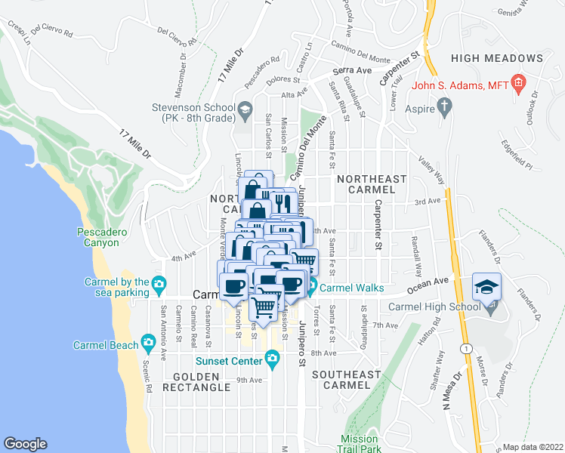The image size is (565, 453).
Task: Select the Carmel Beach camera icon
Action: click(149, 344)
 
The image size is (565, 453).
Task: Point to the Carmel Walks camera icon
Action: click(311, 288)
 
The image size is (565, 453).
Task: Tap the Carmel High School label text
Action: click(434, 307)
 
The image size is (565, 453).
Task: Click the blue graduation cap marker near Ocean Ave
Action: click(486, 287)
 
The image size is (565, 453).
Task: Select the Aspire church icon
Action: click(445, 109)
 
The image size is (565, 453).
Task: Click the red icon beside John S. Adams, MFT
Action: click(518, 82)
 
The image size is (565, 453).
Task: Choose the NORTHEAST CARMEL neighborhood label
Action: click(372, 184)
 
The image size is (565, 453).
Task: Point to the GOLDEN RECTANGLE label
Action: click(202, 381)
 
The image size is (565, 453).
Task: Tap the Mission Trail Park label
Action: click(359, 444)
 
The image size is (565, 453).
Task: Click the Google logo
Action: click(25, 444)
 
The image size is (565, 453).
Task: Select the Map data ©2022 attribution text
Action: click(533, 446)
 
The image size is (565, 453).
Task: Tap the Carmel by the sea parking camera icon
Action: click(158, 284)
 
